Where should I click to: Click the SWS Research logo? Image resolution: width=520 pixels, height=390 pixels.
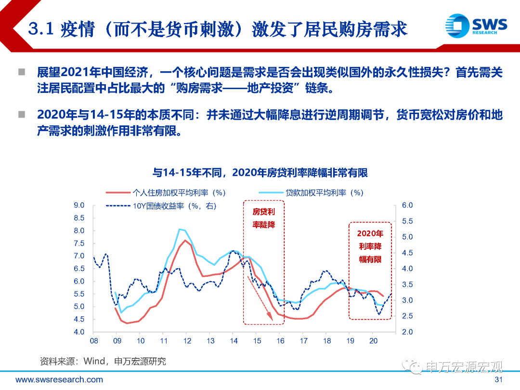(x=477, y=25)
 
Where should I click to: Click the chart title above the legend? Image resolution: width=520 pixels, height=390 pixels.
(x=260, y=172)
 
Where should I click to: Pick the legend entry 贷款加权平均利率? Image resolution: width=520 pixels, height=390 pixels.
(x=324, y=193)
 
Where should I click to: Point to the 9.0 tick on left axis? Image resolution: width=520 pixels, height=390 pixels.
(x=78, y=205)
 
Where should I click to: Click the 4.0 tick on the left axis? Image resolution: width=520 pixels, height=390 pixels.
(x=78, y=332)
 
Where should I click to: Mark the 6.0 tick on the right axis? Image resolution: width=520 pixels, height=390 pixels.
(x=407, y=205)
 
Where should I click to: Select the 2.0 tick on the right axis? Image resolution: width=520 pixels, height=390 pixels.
(x=407, y=332)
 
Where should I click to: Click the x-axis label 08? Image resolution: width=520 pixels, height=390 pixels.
(x=94, y=341)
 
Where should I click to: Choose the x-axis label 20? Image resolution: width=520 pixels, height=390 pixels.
(x=373, y=341)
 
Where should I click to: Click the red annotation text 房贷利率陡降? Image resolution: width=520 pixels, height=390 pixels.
(x=264, y=218)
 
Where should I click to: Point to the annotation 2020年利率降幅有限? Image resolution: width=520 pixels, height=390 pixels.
(x=370, y=246)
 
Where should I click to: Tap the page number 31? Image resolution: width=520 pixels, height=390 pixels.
(x=499, y=380)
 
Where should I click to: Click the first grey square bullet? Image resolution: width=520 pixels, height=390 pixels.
(x=22, y=73)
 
